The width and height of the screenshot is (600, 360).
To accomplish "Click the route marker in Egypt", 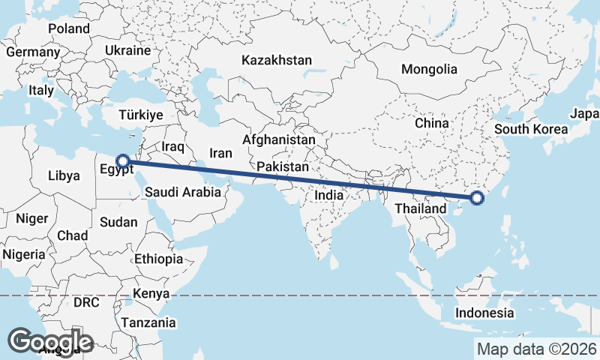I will [x=123, y=160].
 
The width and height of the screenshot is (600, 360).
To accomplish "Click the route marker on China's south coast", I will [x=476, y=198].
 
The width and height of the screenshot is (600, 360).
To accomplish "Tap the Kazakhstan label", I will [x=277, y=59].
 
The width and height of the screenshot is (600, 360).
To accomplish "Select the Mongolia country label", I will [x=429, y=69].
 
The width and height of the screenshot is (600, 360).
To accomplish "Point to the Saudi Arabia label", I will [x=183, y=192].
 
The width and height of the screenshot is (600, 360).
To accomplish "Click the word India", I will [x=329, y=194].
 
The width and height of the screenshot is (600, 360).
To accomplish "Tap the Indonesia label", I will [x=486, y=313].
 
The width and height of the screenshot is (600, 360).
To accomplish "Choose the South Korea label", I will [x=531, y=129].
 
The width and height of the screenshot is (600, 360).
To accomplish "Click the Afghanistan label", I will [x=279, y=139].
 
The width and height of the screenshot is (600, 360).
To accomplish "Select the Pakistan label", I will [x=283, y=166].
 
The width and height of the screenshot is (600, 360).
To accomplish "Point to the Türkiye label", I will [x=141, y=115].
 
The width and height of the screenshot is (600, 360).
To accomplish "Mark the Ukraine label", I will [x=128, y=50].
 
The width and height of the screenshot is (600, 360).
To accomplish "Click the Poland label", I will [x=69, y=28].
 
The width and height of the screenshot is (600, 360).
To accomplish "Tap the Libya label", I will [x=63, y=175].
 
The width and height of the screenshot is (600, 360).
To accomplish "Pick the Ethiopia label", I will [x=158, y=259].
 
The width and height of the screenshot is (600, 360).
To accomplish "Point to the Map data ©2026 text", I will [x=537, y=349].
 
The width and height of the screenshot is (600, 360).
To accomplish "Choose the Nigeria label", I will [x=24, y=254].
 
